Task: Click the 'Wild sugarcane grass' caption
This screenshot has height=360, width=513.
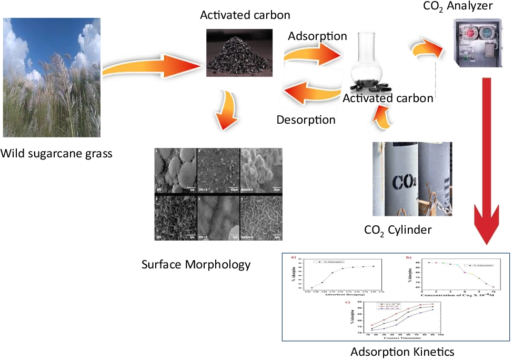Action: click(x=57, y=154)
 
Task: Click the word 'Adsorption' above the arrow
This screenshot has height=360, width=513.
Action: click(x=317, y=36)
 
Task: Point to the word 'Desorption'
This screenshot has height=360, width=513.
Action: click(x=306, y=119)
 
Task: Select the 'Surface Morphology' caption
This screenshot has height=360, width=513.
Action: click(x=196, y=264)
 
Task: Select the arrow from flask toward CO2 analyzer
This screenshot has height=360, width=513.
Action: click(x=427, y=49)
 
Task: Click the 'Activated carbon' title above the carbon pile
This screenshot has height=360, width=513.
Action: click(x=237, y=14)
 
